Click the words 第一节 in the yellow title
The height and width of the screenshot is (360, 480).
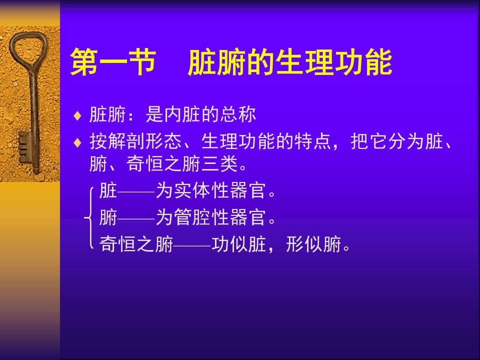[x=113, y=61]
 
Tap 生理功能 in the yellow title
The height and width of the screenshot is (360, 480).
[x=334, y=61]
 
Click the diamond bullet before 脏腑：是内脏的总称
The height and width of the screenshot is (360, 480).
[x=77, y=116]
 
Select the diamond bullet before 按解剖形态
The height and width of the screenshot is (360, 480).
[x=77, y=142]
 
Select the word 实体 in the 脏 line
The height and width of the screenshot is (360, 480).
[x=192, y=190]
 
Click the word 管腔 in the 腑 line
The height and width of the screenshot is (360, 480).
[x=192, y=217]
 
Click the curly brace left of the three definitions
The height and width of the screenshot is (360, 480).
[x=88, y=217]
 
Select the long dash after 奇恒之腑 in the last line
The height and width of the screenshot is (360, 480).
[x=192, y=245]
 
